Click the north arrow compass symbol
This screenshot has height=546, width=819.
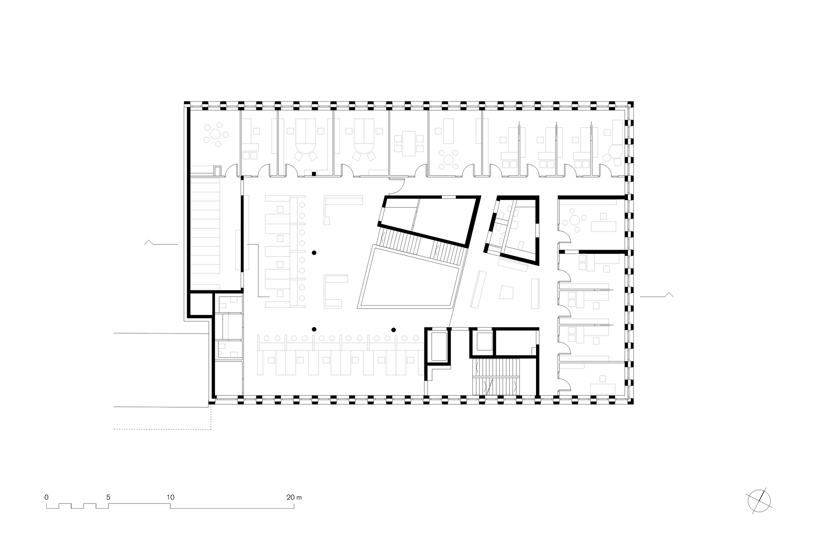click(x=759, y=501)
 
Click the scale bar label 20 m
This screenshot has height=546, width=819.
click(x=294, y=498)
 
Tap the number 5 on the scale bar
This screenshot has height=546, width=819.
click(x=108, y=498)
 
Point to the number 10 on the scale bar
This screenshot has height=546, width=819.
click(x=170, y=498)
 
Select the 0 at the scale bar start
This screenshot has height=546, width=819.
click(x=47, y=498)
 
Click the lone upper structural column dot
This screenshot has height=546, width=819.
click(x=314, y=253)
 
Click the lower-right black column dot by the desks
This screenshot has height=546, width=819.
click(x=394, y=329)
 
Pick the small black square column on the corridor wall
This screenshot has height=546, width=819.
click(x=314, y=174)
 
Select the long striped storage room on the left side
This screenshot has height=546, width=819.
click(x=207, y=231)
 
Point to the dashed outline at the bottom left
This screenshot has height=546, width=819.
click(x=164, y=429)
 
